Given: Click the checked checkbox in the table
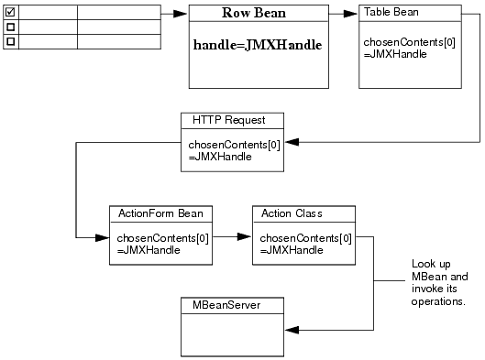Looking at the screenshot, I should [11, 12].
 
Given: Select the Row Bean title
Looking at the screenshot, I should [254, 14].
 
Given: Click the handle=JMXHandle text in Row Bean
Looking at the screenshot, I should [258, 45].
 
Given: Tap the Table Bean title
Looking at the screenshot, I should [391, 12].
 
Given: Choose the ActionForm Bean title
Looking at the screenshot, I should [160, 213].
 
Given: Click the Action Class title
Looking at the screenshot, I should [292, 213].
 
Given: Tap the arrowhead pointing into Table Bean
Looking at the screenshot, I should [351, 14].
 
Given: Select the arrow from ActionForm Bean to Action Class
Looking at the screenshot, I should [233, 236].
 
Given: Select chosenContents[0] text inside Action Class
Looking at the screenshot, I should [306, 238].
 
